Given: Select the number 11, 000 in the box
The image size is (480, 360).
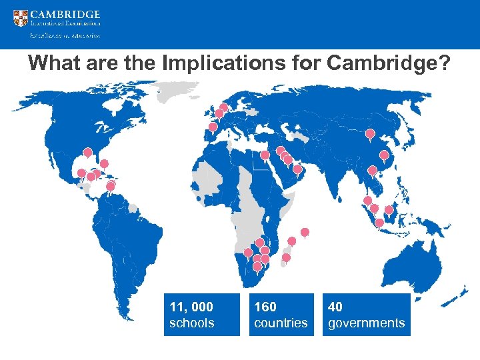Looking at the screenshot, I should coord(191,307).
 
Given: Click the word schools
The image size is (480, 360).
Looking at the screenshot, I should coord(191,323).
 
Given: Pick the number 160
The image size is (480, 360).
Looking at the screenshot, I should coord(265,307).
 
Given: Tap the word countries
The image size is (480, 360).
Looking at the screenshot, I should coord(281,323).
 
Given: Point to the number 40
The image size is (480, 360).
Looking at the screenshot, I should coord(335,307).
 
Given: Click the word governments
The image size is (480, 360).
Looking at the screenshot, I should coord(366,323).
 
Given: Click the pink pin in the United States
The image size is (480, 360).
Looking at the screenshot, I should coord(87,153).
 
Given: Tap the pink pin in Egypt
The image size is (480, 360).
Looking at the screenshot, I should coord(265,156).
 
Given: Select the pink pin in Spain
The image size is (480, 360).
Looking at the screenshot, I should coord(213,127).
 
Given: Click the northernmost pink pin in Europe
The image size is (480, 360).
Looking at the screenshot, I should coord(223,107).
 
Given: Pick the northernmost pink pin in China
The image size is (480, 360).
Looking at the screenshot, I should coord(370,134).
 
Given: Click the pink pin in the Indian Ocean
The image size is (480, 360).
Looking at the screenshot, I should coord(305,232).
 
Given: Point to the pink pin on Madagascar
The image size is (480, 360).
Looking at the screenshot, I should coord(286,257).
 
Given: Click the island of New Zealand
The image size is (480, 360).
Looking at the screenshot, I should coord(460,291).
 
